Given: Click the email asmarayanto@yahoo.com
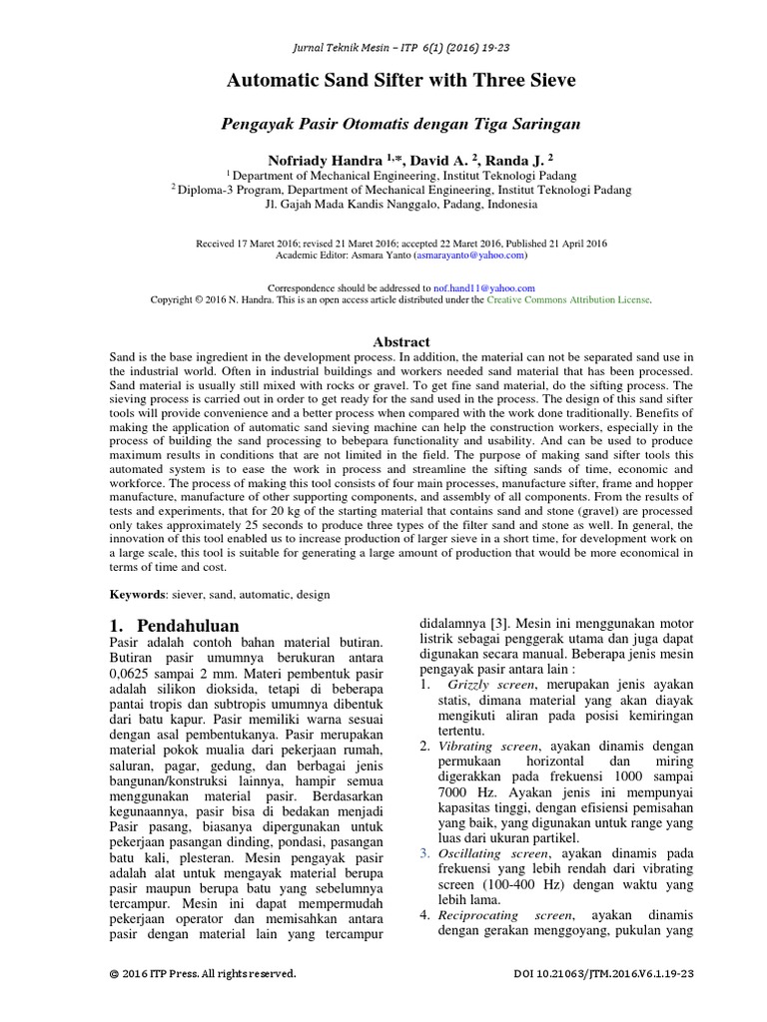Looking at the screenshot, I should point(466,255).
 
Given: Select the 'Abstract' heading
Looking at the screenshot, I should point(400,341).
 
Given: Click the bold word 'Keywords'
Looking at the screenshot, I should point(138,594).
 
